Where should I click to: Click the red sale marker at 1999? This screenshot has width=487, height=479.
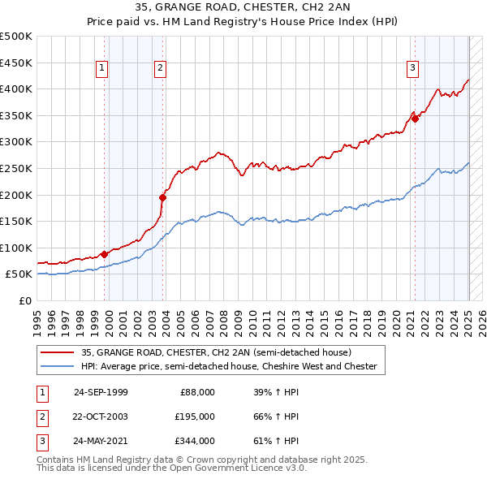(x=105, y=254)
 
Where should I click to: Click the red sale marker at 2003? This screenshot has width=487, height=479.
(x=163, y=197)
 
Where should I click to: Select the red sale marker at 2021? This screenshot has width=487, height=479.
(x=415, y=119)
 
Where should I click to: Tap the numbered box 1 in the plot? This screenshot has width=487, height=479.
(x=102, y=69)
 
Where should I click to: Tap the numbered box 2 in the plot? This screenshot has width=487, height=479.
(x=161, y=69)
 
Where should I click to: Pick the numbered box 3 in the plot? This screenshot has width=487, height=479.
(x=412, y=69)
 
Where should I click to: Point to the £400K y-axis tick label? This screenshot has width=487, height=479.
(x=16, y=88)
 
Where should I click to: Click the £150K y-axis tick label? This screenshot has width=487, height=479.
(x=16, y=221)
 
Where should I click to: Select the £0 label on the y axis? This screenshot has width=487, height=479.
(x=24, y=300)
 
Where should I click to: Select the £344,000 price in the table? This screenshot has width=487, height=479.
(x=195, y=442)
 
